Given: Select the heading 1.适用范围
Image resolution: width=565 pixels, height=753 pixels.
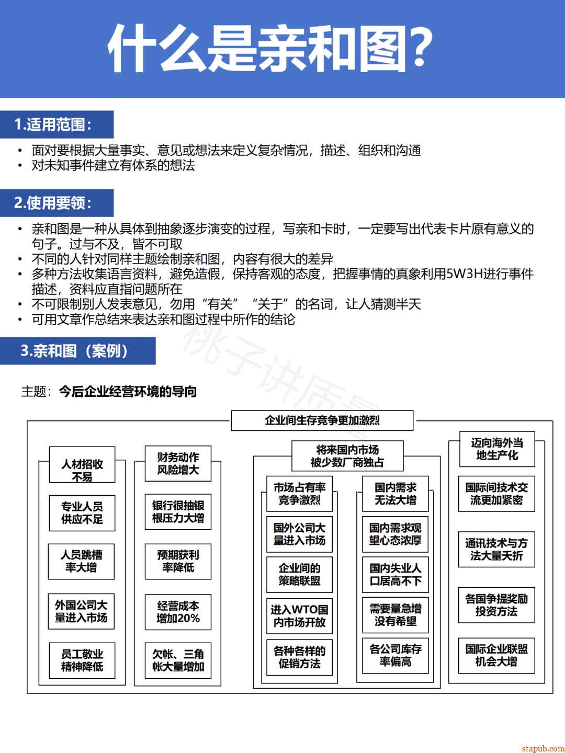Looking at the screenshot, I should pos(53,124).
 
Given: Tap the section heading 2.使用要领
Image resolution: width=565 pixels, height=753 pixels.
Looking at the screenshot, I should pos(53,203).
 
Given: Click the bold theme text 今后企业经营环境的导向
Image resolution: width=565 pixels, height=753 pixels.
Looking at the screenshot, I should pos(128,392).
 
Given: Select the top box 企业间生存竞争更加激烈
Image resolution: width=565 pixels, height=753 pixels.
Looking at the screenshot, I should pos(322,420).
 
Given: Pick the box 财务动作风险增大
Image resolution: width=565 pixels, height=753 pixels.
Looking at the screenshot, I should pos(178,463).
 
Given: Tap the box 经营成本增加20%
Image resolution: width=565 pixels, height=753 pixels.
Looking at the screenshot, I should pos(178,612).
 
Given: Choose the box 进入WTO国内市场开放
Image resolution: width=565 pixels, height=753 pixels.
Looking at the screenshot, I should pos(299,616).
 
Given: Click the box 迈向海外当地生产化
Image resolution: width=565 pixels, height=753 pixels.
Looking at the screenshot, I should pos(496,449).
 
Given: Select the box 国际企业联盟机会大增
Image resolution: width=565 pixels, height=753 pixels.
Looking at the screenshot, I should pos(496,655).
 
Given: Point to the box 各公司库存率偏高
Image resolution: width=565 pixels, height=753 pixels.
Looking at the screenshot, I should pos(395,655).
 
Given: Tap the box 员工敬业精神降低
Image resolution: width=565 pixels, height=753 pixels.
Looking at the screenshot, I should pos(82,660).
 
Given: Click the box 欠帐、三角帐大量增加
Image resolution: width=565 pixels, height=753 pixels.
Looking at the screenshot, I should pos(178,660).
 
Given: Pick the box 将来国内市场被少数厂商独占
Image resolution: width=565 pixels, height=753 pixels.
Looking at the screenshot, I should pos(347,456).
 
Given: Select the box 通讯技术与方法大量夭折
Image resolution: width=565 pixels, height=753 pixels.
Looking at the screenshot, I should pos(496,550).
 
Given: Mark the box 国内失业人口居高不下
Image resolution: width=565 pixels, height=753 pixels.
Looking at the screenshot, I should pos(395,574).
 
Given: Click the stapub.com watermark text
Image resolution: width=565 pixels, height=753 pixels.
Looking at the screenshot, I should pos(543,748).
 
